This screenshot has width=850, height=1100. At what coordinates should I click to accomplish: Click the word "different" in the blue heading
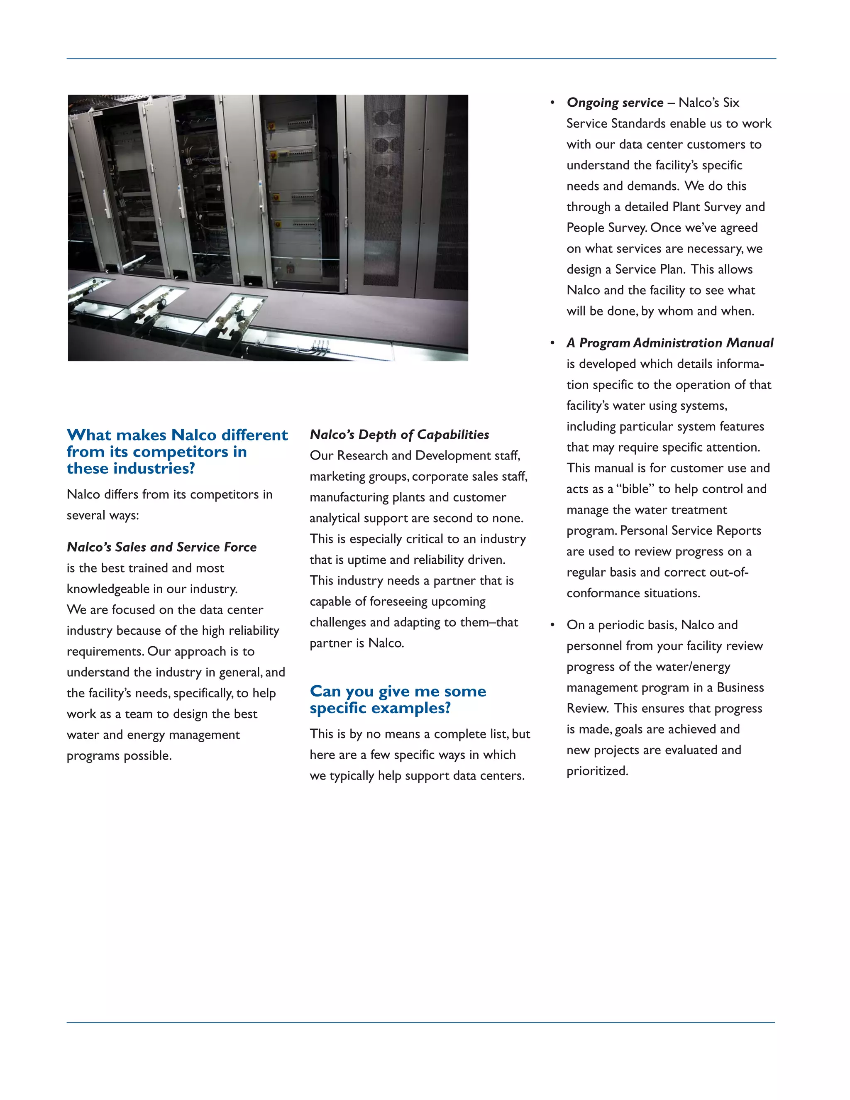coord(255,435)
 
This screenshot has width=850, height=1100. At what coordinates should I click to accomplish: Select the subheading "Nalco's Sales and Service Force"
coord(161,547)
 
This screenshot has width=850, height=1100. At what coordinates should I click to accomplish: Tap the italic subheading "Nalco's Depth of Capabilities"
coord(399,435)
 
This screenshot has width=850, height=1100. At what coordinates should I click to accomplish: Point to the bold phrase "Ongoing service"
coord(615,103)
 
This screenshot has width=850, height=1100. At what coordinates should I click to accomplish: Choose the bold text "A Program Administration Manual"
coord(670,343)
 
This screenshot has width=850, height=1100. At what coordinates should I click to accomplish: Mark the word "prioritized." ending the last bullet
coord(597,771)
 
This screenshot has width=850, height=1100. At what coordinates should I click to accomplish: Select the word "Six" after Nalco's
coord(730,103)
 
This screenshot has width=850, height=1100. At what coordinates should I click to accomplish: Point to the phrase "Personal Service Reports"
coord(690,531)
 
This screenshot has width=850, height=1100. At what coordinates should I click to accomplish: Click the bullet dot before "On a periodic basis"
coord(552,625)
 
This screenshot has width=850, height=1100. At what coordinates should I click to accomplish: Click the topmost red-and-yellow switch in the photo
coord(272,126)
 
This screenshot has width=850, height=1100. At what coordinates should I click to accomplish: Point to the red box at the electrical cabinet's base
coord(290,268)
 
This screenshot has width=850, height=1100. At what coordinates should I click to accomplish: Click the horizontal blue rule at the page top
coord(421,59)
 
